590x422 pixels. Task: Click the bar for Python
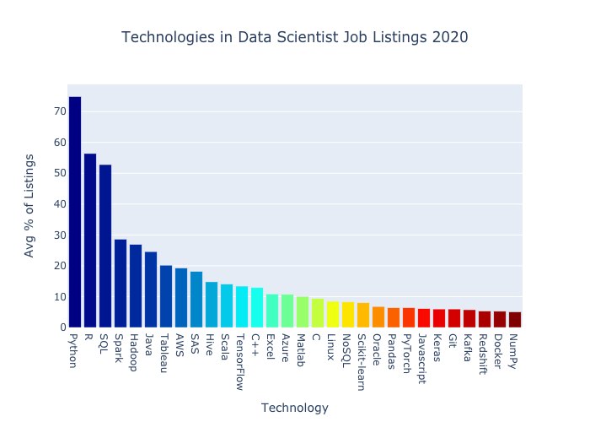tap(75, 212)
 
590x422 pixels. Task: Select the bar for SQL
tap(105, 246)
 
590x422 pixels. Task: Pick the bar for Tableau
tap(166, 296)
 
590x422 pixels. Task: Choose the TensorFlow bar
tap(242, 306)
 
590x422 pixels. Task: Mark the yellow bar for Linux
tap(333, 315)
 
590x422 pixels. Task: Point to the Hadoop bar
tap(136, 286)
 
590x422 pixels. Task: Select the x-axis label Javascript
tap(424, 359)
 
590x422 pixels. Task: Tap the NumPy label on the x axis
tap(515, 349)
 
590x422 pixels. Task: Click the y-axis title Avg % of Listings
tap(30, 205)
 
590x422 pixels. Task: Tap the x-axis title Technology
tap(294, 408)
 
